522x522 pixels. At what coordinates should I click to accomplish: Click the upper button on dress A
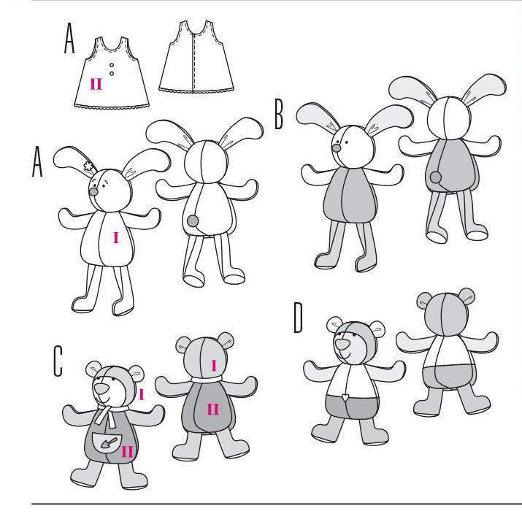[x=112, y=65]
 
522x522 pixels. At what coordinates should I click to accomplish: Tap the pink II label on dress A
[x=96, y=84]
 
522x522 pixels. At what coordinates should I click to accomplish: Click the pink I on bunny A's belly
[x=116, y=238]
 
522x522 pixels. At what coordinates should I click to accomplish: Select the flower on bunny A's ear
[x=88, y=166]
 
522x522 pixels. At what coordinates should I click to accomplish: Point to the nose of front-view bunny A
[x=94, y=191]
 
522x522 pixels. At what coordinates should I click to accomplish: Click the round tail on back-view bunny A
[x=193, y=220]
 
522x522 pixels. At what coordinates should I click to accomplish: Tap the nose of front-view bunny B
[x=337, y=147]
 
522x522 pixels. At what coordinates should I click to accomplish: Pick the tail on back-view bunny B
[x=435, y=177]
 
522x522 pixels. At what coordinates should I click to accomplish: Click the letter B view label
[x=279, y=115]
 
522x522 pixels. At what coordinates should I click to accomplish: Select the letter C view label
[x=58, y=361]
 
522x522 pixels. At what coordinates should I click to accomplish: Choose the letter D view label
[x=298, y=318]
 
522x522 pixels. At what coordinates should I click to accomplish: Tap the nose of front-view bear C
[x=101, y=388]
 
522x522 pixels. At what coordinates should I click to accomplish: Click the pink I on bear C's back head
[x=214, y=366]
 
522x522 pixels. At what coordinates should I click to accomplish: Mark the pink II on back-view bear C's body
[x=213, y=409]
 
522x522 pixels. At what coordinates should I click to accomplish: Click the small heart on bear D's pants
[x=345, y=397]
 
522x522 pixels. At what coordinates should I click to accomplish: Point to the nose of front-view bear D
[x=342, y=344]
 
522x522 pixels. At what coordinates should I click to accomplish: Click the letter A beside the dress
[x=69, y=38]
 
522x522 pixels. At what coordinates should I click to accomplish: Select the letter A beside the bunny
[x=37, y=162]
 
